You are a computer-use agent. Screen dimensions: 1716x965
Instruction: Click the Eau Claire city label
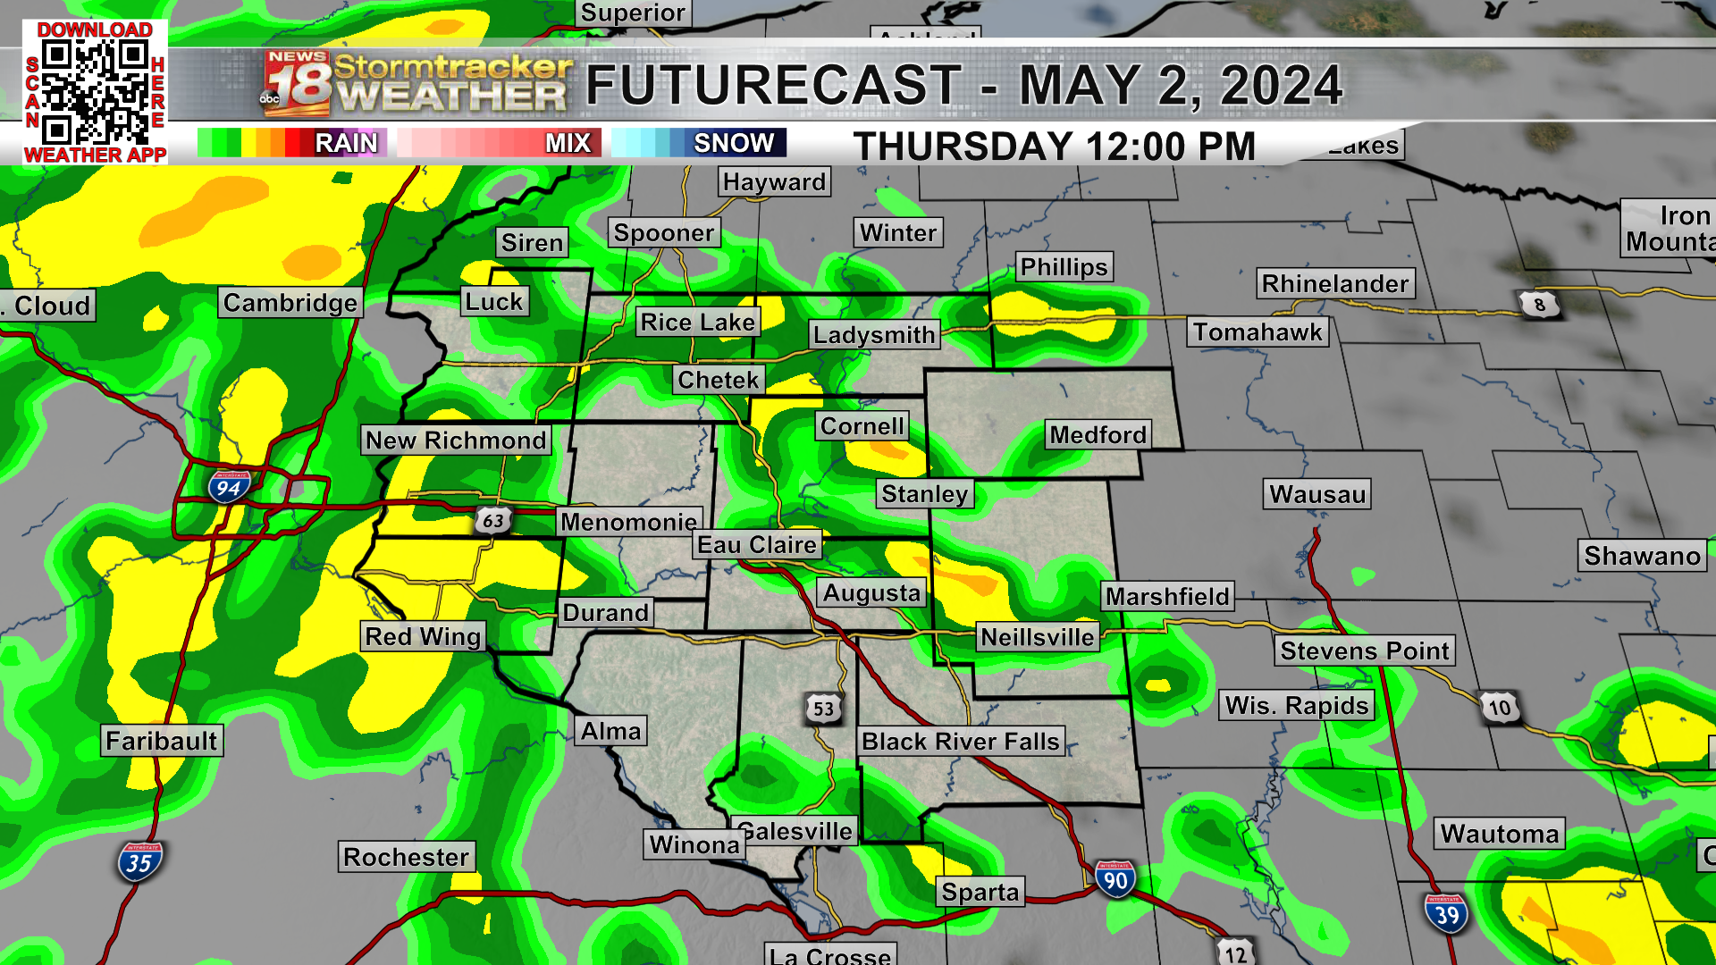click(x=757, y=545)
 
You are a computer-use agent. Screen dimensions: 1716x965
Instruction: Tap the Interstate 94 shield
click(x=229, y=487)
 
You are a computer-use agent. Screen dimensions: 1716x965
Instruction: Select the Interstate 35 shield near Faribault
click(x=139, y=863)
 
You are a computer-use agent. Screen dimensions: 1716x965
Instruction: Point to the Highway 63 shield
click(x=492, y=520)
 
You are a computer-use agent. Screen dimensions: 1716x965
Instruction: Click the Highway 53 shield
click(x=823, y=709)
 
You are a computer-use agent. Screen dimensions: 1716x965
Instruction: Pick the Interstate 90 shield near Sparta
click(x=1115, y=880)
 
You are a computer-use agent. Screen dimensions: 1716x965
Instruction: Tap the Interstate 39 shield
click(x=1446, y=914)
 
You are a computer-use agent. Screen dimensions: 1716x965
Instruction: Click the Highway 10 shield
click(x=1499, y=709)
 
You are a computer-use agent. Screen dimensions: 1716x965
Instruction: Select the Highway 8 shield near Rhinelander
click(x=1539, y=305)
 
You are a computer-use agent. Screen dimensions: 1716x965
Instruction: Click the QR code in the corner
click(x=95, y=92)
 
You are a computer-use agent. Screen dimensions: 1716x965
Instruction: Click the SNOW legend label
click(x=734, y=143)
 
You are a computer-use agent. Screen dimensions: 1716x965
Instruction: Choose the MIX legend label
click(x=568, y=143)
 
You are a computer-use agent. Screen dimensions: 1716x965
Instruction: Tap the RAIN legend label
click(x=346, y=143)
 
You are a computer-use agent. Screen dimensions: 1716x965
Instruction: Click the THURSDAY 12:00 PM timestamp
click(x=1055, y=147)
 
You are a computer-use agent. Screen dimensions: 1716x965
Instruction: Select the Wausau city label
click(x=1317, y=494)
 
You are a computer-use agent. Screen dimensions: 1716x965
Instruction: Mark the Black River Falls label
click(x=961, y=742)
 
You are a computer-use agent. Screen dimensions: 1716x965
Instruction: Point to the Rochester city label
click(x=406, y=857)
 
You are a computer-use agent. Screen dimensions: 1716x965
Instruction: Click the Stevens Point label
click(x=1365, y=650)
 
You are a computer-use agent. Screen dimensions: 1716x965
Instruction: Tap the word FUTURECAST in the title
click(x=774, y=86)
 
